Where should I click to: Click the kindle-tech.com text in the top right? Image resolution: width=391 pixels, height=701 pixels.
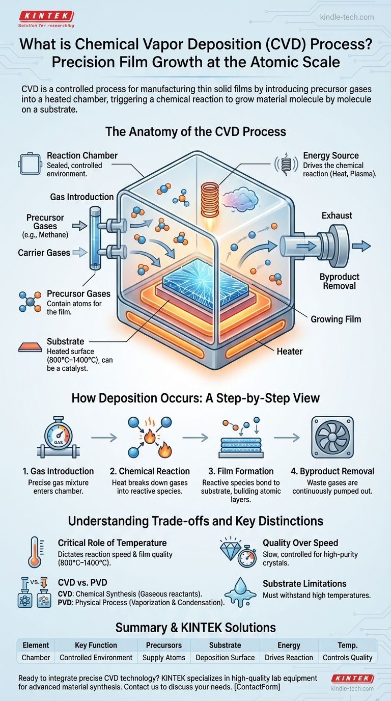tap(347, 17)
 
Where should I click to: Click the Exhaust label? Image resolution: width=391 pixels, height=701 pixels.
tap(337, 215)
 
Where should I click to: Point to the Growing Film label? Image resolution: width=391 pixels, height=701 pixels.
tap(336, 319)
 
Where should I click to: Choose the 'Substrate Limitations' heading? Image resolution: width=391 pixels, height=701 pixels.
tap(304, 584)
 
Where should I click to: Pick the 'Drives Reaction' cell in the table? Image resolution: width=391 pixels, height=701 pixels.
tap(289, 657)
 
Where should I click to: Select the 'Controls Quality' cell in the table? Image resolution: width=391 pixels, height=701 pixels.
tap(347, 657)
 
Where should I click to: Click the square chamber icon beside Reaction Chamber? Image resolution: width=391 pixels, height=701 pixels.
tap(30, 164)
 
